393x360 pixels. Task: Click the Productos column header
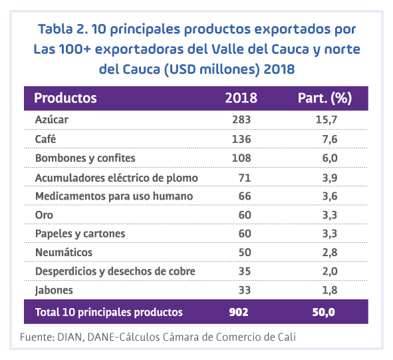tap(65, 98)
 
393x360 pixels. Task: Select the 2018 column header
tap(241, 98)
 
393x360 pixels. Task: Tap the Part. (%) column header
tap(325, 98)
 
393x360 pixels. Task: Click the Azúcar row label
tap(52, 119)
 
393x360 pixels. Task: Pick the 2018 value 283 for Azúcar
tap(241, 120)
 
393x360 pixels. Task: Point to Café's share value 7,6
tap(330, 139)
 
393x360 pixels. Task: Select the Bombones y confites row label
tap(85, 158)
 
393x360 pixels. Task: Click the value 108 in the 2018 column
tap(241, 158)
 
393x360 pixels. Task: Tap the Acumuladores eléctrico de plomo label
tap(116, 178)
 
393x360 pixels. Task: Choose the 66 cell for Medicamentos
tap(245, 196)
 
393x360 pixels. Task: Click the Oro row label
tap(44, 215)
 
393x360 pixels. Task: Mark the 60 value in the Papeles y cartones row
tap(245, 234)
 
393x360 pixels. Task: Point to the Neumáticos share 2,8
tap(330, 253)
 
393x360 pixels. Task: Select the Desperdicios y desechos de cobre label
tap(115, 271)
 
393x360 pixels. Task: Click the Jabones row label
tap(54, 290)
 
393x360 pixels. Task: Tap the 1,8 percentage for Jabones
tap(330, 290)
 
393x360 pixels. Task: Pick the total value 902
tap(239, 312)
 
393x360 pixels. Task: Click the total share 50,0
tap(324, 313)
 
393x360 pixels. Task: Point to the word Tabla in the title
tap(55, 29)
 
